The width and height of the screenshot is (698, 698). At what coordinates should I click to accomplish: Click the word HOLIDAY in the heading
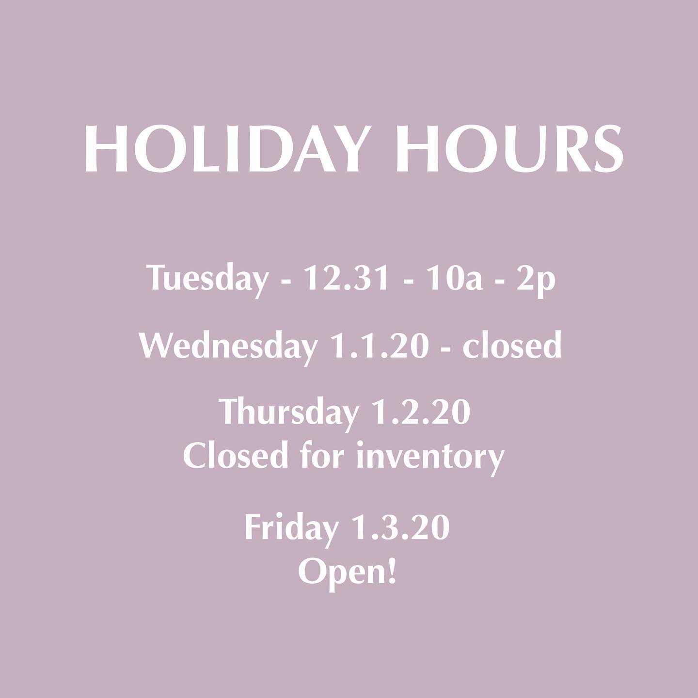click(x=223, y=149)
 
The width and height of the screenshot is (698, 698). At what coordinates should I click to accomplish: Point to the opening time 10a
click(x=455, y=278)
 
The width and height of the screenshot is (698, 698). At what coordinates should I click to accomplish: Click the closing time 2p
click(x=536, y=281)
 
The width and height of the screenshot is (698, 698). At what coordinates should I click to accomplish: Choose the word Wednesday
click(x=228, y=347)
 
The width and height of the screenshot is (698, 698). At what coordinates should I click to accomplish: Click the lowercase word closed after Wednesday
click(x=512, y=345)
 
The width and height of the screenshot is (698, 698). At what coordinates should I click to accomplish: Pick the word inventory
click(x=430, y=460)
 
